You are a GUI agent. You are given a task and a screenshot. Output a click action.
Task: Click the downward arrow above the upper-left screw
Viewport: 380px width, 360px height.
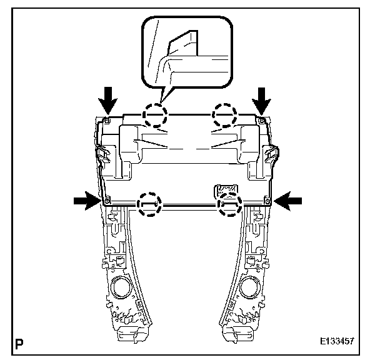pos(108,97)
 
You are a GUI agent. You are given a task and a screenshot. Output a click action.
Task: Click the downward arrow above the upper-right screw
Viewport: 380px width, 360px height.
pos(262,97)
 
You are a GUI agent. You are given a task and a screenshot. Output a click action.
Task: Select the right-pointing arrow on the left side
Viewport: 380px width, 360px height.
pos(85,200)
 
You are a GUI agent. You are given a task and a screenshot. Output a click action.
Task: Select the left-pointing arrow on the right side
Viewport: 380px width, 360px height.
pos(288,200)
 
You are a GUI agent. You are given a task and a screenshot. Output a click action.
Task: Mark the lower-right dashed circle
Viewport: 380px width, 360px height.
pos(229,203)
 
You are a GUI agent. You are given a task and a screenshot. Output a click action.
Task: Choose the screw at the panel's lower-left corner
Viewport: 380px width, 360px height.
pos(107,201)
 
